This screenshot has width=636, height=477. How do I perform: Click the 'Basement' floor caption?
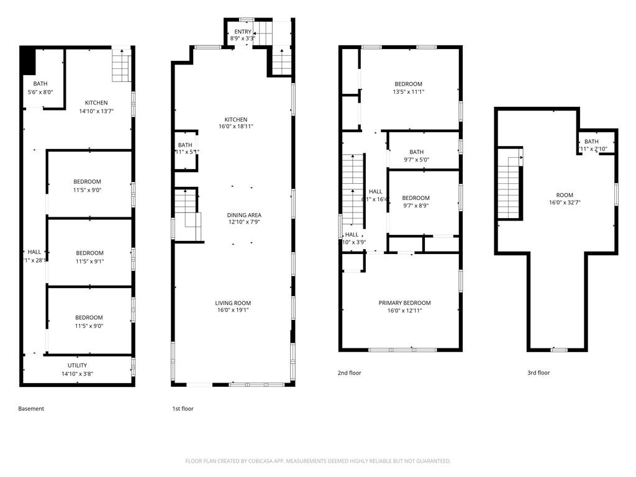[31, 409]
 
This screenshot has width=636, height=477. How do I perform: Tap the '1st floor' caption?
[183, 409]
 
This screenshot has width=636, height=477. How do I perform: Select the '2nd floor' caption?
[349, 373]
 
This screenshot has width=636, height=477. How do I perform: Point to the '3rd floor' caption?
[538, 373]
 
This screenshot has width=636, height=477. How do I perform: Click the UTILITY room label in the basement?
[78, 365]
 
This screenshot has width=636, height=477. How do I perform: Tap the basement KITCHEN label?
[96, 103]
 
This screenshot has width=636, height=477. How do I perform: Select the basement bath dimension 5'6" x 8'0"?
[40, 92]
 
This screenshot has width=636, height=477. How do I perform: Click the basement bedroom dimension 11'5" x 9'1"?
[90, 261]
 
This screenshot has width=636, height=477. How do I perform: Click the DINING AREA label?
[243, 215]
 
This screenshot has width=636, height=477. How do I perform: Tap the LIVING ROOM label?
[234, 303]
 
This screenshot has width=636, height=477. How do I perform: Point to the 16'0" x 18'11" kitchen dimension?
[236, 126]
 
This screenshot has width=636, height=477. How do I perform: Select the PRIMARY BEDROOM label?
[404, 303]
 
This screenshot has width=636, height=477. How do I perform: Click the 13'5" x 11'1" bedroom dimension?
[409, 92]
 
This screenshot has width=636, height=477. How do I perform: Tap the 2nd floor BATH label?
[416, 152]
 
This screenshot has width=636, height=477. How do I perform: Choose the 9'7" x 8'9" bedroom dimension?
[416, 206]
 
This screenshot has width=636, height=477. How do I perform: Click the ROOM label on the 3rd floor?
[565, 194]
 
